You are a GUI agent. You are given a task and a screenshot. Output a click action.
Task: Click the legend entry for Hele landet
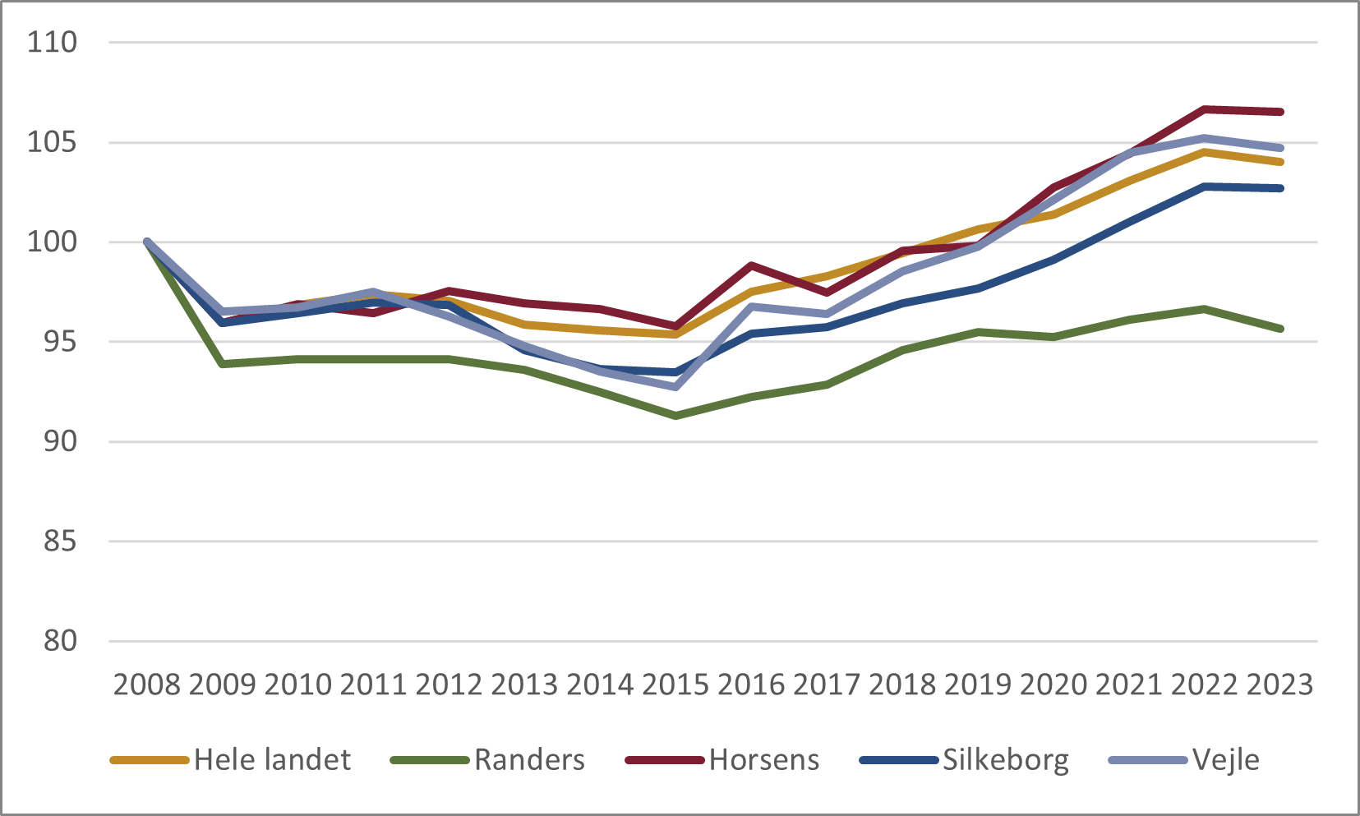pos(272,760)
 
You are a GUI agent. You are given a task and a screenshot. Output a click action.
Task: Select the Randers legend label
pos(529,760)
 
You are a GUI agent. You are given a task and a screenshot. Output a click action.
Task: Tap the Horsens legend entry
pos(763,760)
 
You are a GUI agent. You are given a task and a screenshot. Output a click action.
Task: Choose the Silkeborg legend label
pos(1005,760)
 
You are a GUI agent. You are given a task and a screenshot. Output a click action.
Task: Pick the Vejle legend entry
pos(1225,760)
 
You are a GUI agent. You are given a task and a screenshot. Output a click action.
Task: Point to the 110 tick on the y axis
pos(52,42)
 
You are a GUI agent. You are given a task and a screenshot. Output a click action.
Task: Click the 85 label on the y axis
pos(59,542)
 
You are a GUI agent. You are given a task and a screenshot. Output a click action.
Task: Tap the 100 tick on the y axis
pos(52,242)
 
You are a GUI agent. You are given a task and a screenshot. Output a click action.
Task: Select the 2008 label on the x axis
pos(146,685)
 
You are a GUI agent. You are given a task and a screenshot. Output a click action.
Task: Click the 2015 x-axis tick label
pos(675,685)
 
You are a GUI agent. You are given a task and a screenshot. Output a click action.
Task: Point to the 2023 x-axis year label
pos(1279,685)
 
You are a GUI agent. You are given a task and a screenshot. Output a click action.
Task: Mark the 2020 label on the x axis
pos(1053,685)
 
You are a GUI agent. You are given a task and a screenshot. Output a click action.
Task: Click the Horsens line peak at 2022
pos(1204,108)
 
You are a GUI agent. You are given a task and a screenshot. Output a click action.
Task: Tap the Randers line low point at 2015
pos(675,416)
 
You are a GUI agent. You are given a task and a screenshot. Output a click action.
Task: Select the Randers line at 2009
pos(223,363)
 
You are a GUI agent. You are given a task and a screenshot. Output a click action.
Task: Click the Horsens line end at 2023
pos(1280,112)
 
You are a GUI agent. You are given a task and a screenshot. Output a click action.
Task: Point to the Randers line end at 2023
pos(1280,329)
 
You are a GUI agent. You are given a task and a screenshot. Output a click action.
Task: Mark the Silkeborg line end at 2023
pos(1280,188)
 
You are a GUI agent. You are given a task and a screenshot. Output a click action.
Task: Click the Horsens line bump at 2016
pos(751,265)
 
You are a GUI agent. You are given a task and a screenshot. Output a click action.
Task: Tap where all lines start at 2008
pos(147,242)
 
